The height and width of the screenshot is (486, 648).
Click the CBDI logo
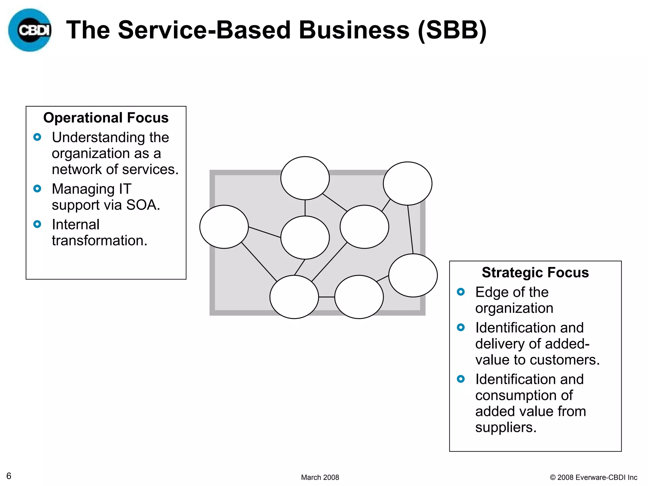point(30,30)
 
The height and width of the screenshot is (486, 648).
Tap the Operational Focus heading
point(106,118)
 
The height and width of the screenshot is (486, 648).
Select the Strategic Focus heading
point(535,272)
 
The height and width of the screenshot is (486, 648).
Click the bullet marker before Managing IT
point(37,189)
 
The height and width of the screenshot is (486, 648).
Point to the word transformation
point(99,240)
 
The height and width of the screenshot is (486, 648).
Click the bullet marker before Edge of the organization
point(461,292)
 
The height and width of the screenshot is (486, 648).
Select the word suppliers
point(505,427)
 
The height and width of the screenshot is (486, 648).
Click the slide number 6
point(9,476)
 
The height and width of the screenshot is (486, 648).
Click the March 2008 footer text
point(320,477)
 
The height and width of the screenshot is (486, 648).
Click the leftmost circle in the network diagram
point(224,227)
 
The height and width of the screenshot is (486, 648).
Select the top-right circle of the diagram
point(408,184)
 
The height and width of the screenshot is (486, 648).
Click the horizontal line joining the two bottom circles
point(327,297)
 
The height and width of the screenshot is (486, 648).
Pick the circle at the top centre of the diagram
point(305,178)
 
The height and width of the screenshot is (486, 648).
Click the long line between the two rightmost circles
point(410,229)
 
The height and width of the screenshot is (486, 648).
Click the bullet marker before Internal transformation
point(37,224)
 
